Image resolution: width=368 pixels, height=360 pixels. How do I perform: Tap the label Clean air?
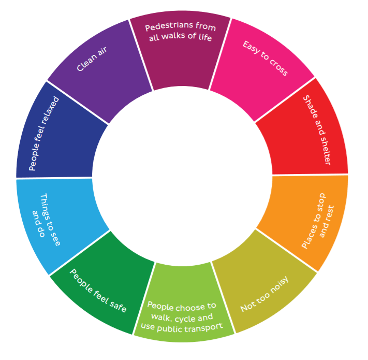tap(92, 59)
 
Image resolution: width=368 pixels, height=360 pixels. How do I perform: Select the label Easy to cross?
tap(265, 58)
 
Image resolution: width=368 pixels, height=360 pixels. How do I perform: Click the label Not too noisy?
tap(264, 294)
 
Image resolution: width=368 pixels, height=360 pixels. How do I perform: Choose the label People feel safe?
tap(98, 291)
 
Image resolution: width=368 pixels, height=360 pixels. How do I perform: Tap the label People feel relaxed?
tap(44, 133)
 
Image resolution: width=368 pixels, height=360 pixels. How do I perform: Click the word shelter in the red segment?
tap(325, 149)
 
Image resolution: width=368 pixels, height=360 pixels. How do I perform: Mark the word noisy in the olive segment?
tap(279, 284)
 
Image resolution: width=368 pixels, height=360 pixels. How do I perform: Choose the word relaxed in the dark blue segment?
tap(50, 110)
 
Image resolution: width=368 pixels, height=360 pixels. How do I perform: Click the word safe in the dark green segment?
tap(118, 306)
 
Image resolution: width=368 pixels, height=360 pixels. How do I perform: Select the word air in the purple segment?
tap(102, 51)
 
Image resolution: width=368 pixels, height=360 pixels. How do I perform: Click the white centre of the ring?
tap(182, 176)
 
